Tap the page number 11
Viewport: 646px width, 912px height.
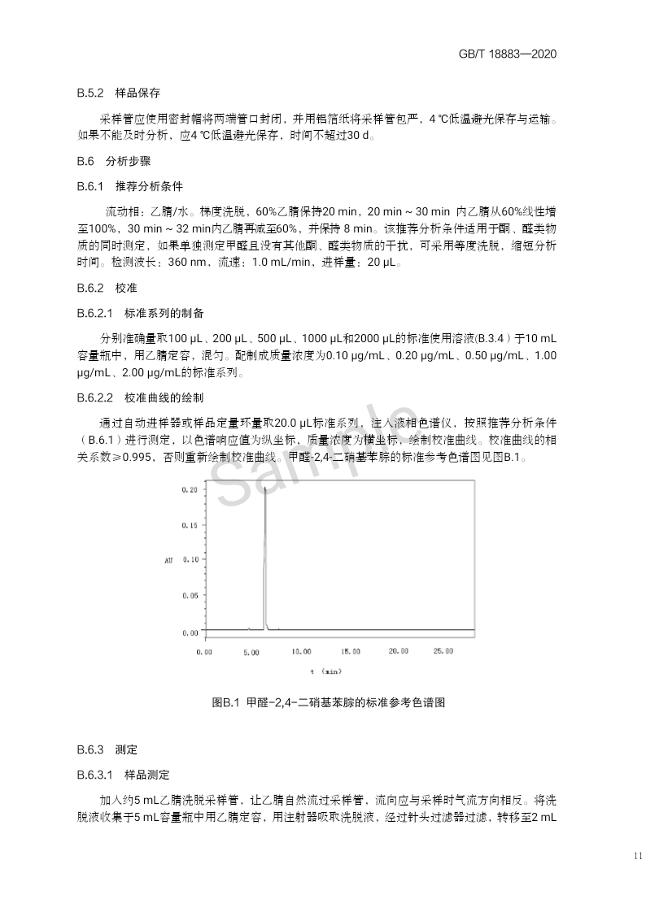[635, 855]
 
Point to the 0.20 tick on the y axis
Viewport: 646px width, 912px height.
[190, 489]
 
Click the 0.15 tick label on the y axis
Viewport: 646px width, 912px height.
[190, 525]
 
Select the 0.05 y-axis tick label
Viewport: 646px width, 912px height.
[190, 596]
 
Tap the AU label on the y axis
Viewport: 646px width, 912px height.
[168, 560]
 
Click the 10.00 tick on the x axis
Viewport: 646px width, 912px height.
[301, 651]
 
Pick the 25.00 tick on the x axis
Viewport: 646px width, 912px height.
[443, 651]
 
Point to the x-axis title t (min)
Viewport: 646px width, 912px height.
[325, 671]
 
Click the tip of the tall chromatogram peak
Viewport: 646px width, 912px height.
[265, 489]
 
